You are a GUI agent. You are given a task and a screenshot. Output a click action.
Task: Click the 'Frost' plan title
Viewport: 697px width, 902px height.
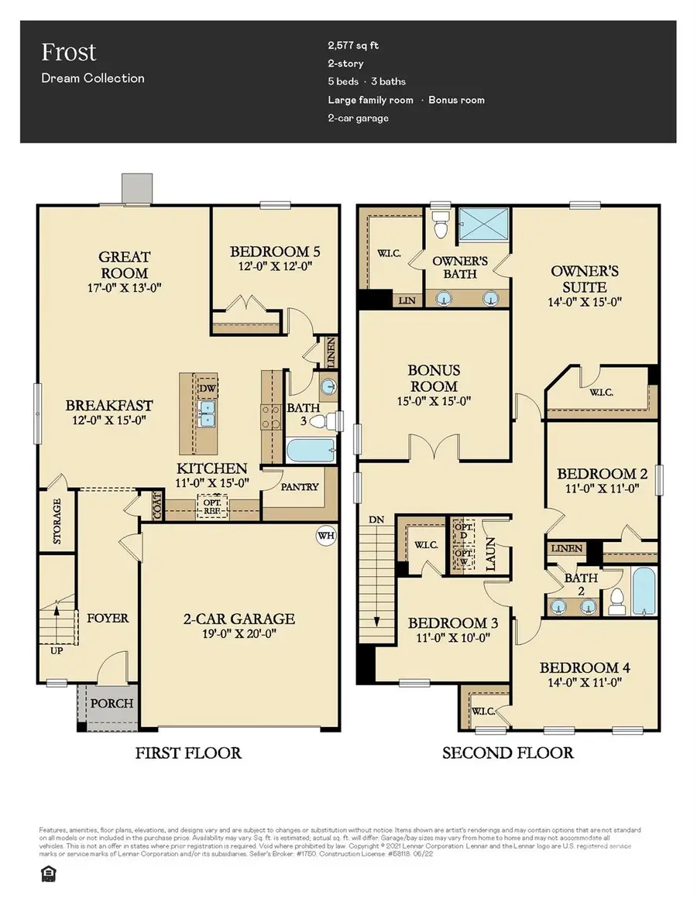69,53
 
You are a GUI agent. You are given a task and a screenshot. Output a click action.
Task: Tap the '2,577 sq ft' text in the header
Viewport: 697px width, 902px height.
354,45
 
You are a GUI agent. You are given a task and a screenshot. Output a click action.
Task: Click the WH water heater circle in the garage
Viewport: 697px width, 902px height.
325,535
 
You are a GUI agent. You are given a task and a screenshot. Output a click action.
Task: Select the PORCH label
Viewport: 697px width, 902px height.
112,704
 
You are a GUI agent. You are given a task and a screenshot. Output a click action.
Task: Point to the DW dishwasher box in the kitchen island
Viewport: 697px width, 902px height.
208,388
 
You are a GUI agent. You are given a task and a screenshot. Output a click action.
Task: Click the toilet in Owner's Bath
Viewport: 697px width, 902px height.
441,225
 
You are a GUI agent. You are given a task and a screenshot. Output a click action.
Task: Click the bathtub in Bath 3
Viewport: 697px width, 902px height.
311,451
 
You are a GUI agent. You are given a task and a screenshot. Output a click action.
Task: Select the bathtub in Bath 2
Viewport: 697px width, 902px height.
643,592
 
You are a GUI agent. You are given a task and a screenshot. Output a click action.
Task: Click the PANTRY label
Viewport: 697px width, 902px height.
300,487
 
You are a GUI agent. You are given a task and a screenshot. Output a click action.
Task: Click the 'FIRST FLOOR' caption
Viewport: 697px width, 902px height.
188,753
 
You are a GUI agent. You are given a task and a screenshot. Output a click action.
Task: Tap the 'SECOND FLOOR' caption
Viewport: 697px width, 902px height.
507,753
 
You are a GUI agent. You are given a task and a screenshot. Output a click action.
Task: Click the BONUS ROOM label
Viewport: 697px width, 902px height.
434,378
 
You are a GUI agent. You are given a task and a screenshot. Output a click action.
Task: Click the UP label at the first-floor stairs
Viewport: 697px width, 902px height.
57,650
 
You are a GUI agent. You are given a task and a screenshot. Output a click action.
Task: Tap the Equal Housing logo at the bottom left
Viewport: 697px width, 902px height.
47,873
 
